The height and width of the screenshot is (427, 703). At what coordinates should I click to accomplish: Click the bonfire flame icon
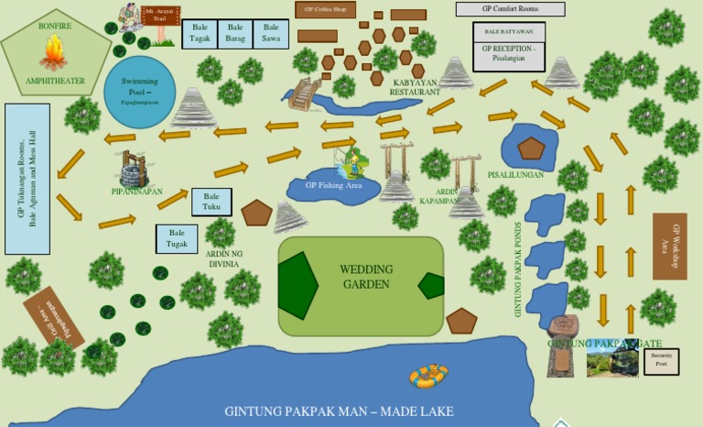55,52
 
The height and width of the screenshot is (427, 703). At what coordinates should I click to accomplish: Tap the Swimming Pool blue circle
140,90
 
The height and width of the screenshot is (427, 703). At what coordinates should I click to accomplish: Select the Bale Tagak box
200,34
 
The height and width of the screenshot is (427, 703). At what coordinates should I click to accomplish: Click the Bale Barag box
235,34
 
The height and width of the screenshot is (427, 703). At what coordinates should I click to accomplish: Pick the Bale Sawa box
271,34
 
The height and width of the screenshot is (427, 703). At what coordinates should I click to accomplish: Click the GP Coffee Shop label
325,9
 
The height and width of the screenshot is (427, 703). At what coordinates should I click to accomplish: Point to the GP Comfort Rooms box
510,9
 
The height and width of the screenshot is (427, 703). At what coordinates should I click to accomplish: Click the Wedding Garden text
365,277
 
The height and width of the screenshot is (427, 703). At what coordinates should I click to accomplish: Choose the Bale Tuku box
211,202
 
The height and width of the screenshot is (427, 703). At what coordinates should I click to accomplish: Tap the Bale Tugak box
177,238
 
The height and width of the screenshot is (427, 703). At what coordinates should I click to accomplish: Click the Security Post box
661,360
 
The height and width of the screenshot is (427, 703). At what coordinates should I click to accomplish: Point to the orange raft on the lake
427,374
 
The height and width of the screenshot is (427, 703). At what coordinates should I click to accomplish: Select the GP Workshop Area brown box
669,246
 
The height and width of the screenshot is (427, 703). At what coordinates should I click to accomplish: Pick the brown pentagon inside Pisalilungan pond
530,148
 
